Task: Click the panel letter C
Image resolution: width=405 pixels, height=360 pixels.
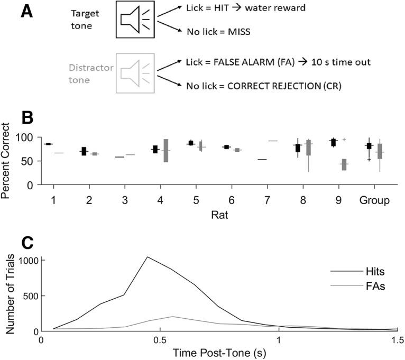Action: click(x=27, y=243)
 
